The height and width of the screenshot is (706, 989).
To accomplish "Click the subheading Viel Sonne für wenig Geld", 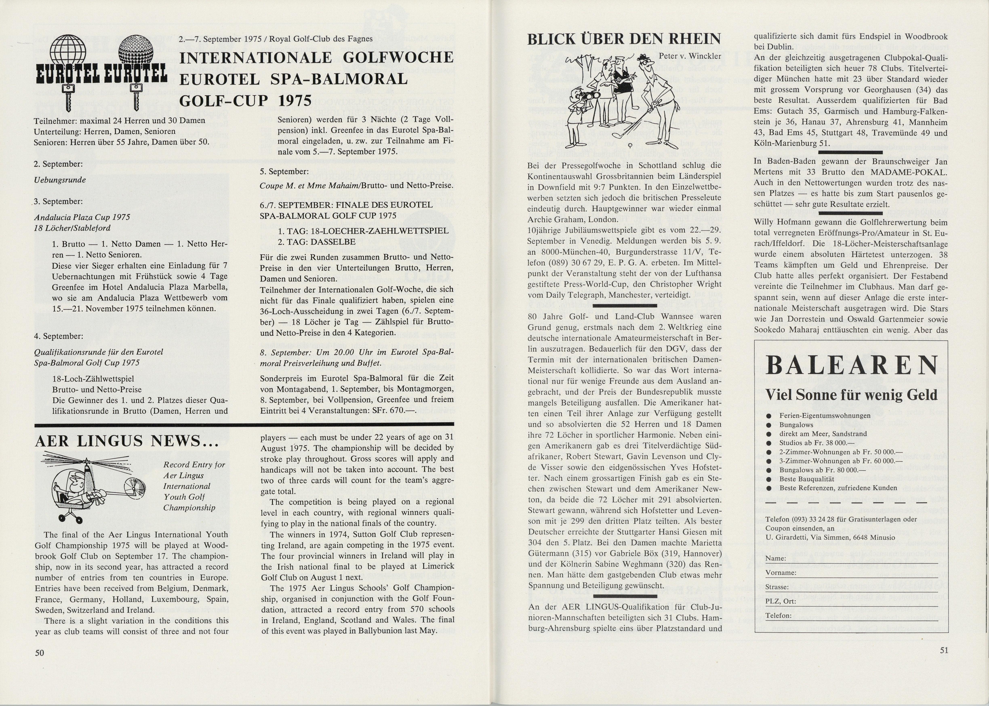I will point(851,395).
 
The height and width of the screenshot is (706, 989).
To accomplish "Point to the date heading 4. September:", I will point(59,336).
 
